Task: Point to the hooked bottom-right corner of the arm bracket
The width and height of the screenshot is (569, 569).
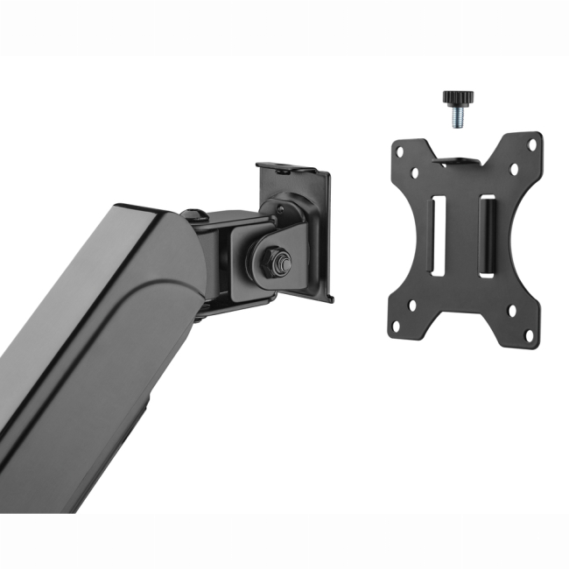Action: (330, 299)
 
